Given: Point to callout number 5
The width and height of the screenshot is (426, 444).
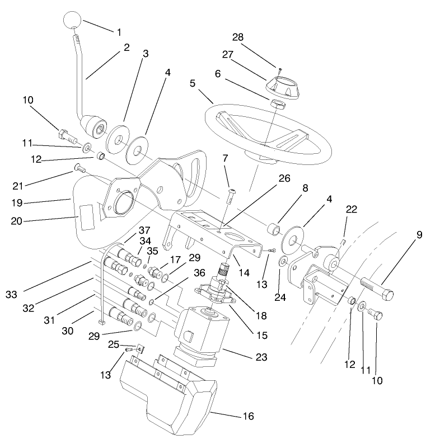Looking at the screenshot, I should pyautogui.click(x=193, y=84).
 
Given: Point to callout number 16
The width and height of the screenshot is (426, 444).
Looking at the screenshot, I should pyautogui.click(x=249, y=417).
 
